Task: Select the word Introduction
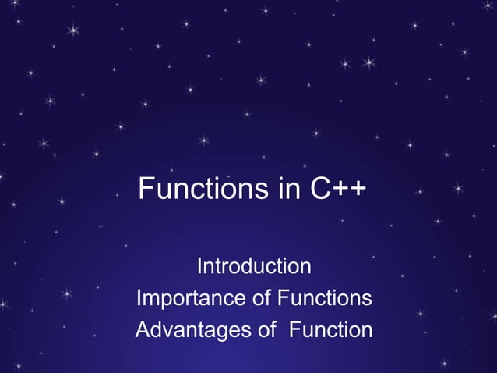254,267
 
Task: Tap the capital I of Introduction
199,267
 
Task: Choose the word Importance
192,299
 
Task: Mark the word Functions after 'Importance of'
325,299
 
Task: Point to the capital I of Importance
139,299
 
